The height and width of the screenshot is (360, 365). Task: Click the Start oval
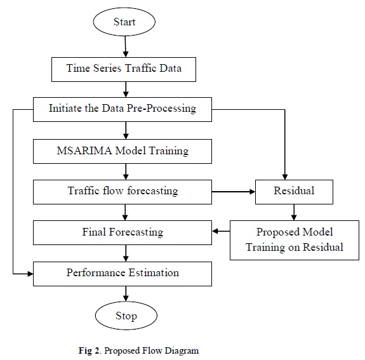tap(124, 22)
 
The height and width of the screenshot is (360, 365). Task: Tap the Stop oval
tap(126, 316)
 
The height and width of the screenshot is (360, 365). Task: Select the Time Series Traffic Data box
tap(124, 69)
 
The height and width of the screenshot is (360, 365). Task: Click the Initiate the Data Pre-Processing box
tap(123, 109)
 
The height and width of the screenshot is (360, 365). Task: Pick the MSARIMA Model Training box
tap(123, 151)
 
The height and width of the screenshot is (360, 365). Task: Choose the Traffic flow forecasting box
tap(123, 192)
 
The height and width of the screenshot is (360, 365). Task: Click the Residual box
tap(294, 192)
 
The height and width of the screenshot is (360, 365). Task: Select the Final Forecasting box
tap(123, 232)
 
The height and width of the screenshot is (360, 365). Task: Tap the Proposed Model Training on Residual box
tap(295, 240)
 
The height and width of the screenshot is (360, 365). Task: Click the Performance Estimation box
tap(123, 274)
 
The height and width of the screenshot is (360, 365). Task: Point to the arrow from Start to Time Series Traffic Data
tap(126, 46)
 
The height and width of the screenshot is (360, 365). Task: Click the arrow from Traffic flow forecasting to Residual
tap(234, 192)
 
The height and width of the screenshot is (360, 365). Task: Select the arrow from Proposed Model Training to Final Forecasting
tap(221, 231)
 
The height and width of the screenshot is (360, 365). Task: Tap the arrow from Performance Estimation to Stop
tap(126, 293)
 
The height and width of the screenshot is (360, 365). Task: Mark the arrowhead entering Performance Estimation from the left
tap(30, 274)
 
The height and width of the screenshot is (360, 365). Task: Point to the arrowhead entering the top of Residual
tap(285, 177)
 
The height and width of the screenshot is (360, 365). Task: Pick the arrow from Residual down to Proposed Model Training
tap(294, 212)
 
